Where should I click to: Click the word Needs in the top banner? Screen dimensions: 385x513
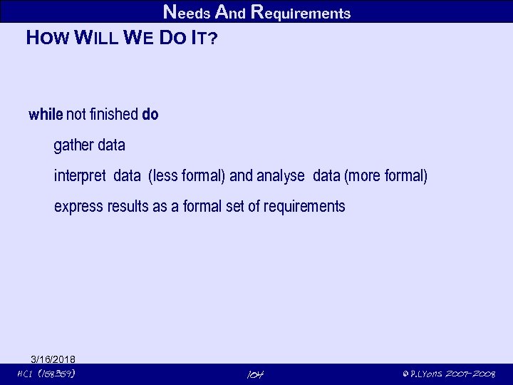(187, 13)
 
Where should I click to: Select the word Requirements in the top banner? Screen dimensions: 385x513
(301, 13)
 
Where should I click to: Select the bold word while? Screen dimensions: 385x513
(46, 115)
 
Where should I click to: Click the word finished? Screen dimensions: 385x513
(113, 115)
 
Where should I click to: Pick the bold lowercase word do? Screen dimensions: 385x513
(150, 115)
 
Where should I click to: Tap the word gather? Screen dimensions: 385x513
(73, 146)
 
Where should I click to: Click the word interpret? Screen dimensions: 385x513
(81, 176)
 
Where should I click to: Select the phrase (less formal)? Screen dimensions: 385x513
(187, 176)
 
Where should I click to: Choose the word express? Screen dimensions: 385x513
(79, 207)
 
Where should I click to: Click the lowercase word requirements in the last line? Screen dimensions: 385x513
(304, 207)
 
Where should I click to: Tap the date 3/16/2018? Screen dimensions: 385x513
(53, 359)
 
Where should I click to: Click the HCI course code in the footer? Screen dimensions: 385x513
(47, 374)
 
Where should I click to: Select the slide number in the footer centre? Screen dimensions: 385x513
(254, 375)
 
